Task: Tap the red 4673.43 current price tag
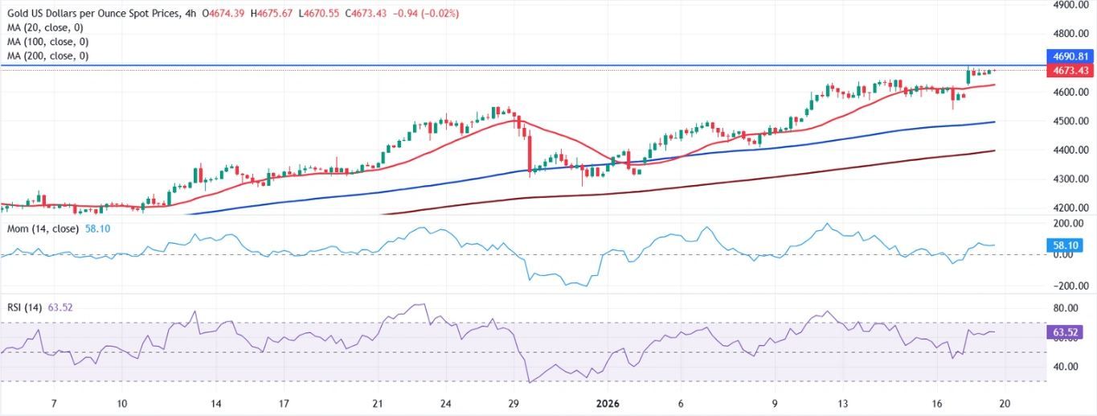(x=1071, y=71)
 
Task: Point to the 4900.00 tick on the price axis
(x=1071, y=5)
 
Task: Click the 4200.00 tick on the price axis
(x=1071, y=208)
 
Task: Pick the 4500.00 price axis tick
(x=1071, y=122)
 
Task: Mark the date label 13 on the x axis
(x=841, y=403)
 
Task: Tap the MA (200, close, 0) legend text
(x=47, y=56)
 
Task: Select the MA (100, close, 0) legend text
(x=47, y=42)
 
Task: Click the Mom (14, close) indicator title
(x=43, y=229)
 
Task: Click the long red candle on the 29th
(x=530, y=153)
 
